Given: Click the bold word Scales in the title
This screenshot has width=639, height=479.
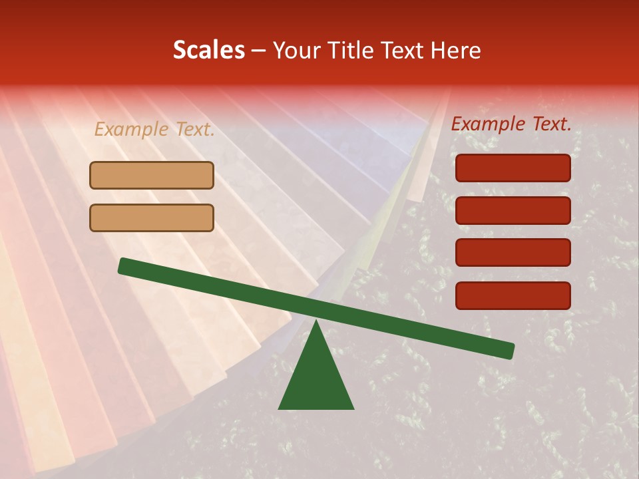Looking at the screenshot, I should (x=209, y=50).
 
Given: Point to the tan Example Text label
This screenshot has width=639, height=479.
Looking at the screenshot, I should (x=154, y=130).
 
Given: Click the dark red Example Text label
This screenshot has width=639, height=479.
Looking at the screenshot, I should (x=511, y=124).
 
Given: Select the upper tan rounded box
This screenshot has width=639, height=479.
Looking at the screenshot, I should (x=152, y=176).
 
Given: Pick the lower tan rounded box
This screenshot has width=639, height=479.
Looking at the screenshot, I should (x=152, y=218).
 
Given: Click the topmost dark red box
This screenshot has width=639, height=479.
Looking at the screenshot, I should (x=513, y=168).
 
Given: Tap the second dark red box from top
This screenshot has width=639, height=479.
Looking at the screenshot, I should (x=513, y=210).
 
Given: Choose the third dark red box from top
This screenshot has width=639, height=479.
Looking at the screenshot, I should (x=513, y=253).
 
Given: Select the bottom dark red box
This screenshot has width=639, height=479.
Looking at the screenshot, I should (x=513, y=295).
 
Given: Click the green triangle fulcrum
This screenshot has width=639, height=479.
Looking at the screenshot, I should (x=316, y=376).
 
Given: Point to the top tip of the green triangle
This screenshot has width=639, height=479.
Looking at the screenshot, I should (x=316, y=321).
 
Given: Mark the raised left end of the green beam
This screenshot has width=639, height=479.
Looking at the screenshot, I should (x=124, y=265).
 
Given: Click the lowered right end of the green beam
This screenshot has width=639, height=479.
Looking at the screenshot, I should (x=509, y=351).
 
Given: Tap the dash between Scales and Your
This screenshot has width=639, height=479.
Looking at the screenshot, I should (x=258, y=51).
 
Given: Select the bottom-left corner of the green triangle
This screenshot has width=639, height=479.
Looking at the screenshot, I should (x=280, y=408).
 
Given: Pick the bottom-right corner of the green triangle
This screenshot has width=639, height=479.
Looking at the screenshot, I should (x=352, y=408).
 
